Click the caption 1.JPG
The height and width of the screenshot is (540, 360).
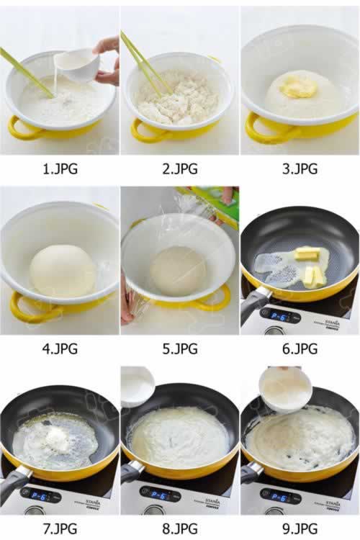pyautogui.click(x=60, y=168)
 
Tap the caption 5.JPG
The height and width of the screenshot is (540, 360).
pyautogui.click(x=180, y=348)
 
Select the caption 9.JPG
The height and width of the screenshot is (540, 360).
pyautogui.click(x=300, y=528)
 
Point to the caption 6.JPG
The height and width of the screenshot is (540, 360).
pyautogui.click(x=300, y=348)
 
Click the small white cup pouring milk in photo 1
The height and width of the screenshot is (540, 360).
pyautogui.click(x=78, y=65)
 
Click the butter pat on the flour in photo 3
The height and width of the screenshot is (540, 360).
pyautogui.click(x=298, y=86)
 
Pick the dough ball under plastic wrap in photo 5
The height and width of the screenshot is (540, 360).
pyautogui.click(x=179, y=270)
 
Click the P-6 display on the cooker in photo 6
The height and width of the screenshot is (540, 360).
pyautogui.click(x=279, y=318)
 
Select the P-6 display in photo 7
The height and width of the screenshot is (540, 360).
pyautogui.click(x=38, y=495)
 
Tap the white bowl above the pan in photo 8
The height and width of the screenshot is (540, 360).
pyautogui.click(x=138, y=386)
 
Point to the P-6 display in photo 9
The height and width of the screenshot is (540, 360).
pyautogui.click(x=278, y=497)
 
